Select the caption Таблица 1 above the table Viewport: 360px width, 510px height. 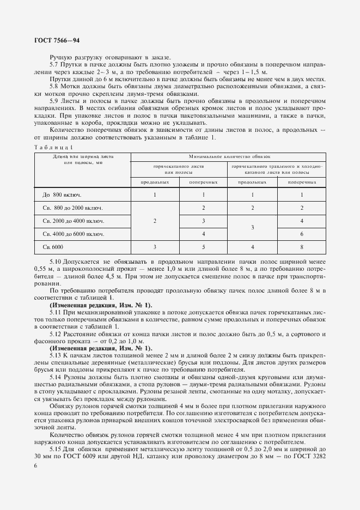(53, 148)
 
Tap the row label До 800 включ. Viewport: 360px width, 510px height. (61, 195)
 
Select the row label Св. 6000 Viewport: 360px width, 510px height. (53, 247)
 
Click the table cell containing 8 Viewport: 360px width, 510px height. (301, 247)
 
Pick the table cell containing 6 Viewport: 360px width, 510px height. (301, 234)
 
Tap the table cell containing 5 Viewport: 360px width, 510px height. (203, 247)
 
